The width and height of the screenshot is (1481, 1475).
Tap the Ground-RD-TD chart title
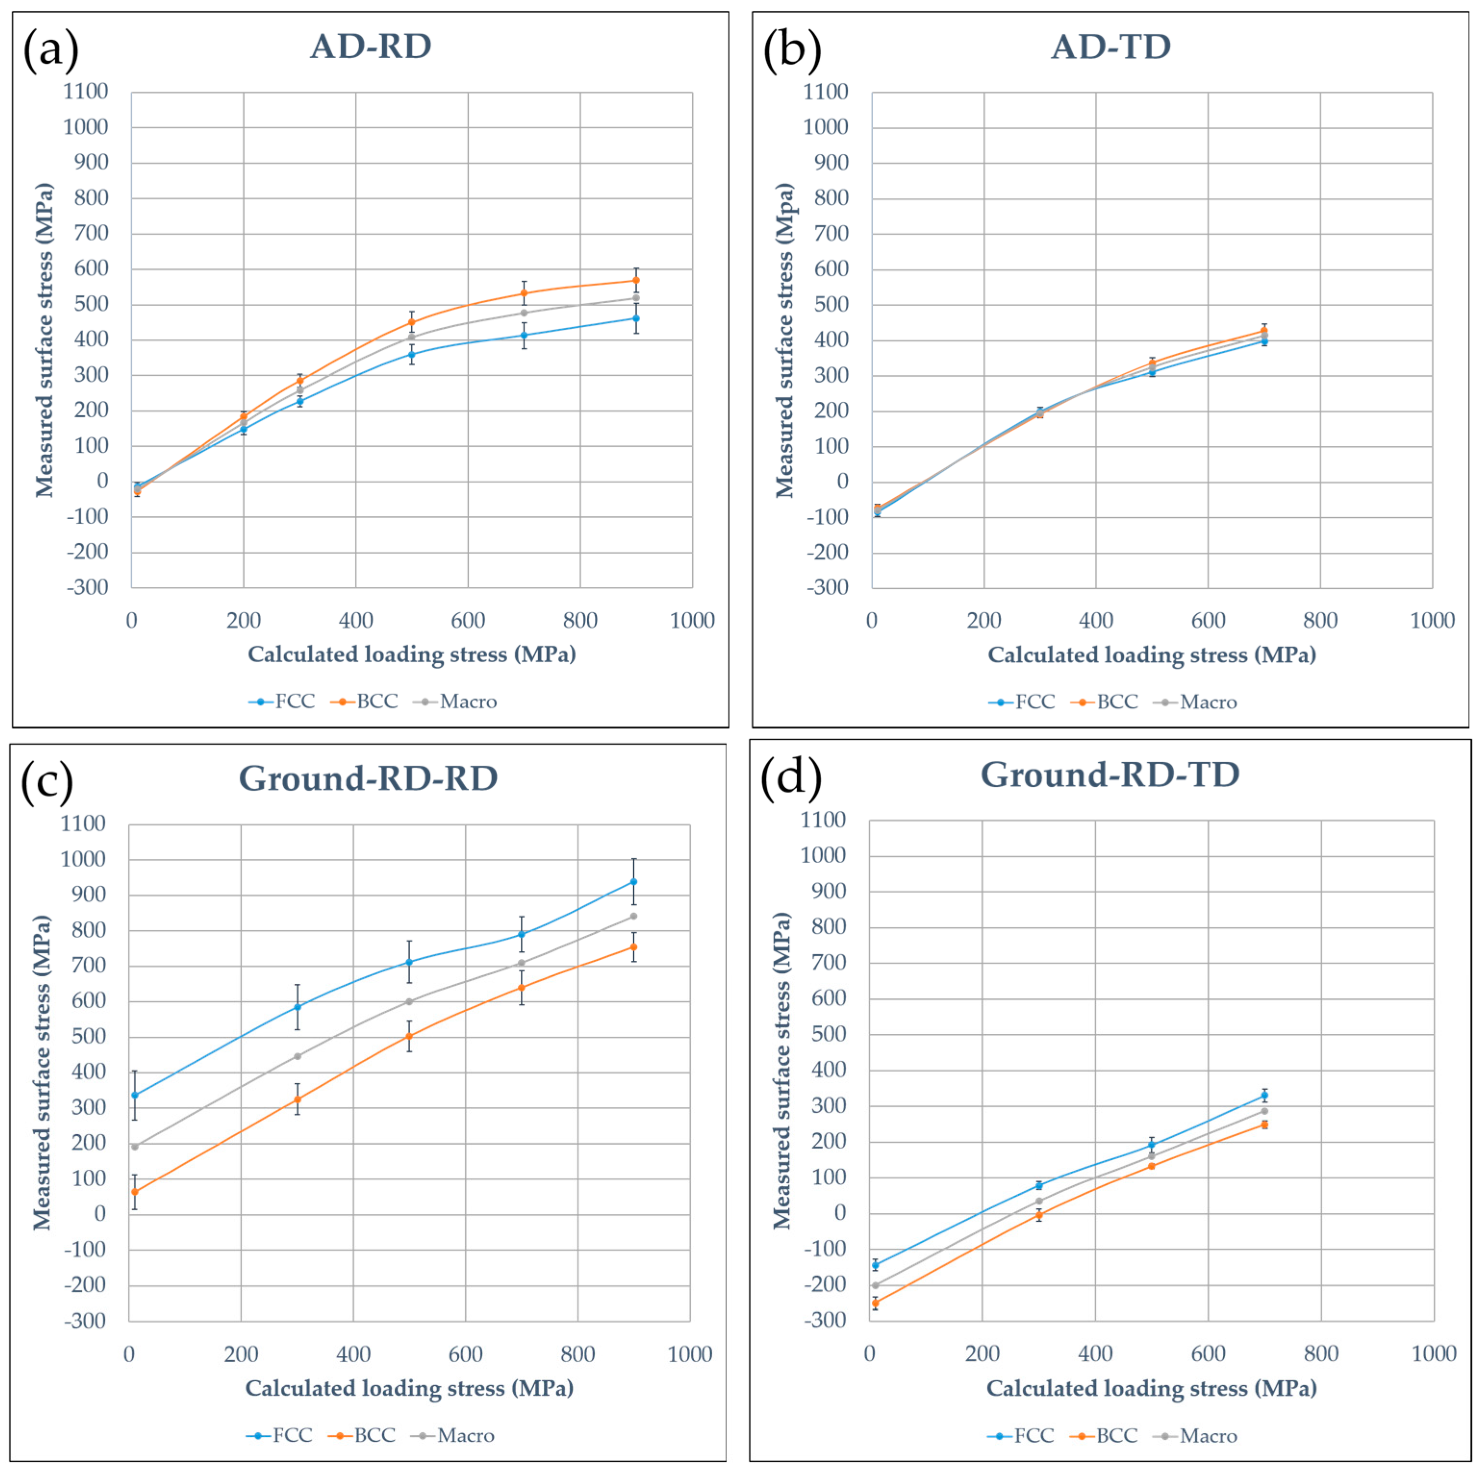pyautogui.click(x=1109, y=775)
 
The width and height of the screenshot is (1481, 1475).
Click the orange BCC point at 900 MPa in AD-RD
pyautogui.click(x=636, y=281)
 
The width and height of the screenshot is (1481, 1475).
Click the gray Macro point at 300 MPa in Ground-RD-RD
pyautogui.click(x=298, y=1056)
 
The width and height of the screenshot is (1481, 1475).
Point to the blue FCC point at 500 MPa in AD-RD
pyautogui.click(x=412, y=354)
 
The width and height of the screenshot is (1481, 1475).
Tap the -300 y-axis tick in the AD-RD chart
pyautogui.click(x=88, y=588)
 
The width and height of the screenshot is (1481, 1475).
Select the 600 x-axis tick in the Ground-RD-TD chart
pyautogui.click(x=1207, y=1354)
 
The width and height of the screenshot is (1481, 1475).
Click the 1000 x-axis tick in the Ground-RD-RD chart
pyautogui.click(x=689, y=1355)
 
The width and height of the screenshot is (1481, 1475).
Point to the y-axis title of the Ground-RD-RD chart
pyautogui.click(x=42, y=1073)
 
